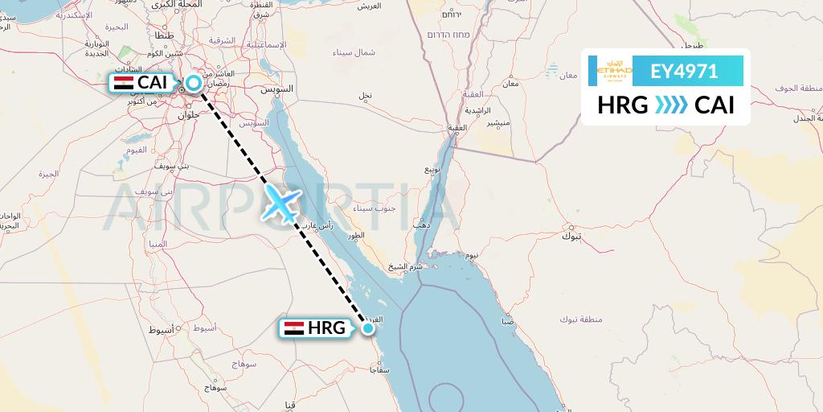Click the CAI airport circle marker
pyautogui.click(x=194, y=82)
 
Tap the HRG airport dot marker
pyautogui.click(x=368, y=328)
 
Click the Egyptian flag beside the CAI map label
pyautogui.click(x=124, y=82)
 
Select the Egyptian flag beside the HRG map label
pyautogui.click(x=294, y=328)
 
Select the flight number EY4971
pyautogui.click(x=684, y=72)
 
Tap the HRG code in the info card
pyautogui.click(x=623, y=105)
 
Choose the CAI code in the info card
pyautogui.click(x=714, y=105)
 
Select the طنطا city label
pyautogui.click(x=162, y=36)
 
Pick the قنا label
pyautogui.click(x=290, y=403)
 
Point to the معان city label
pyautogui.click(x=510, y=83)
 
